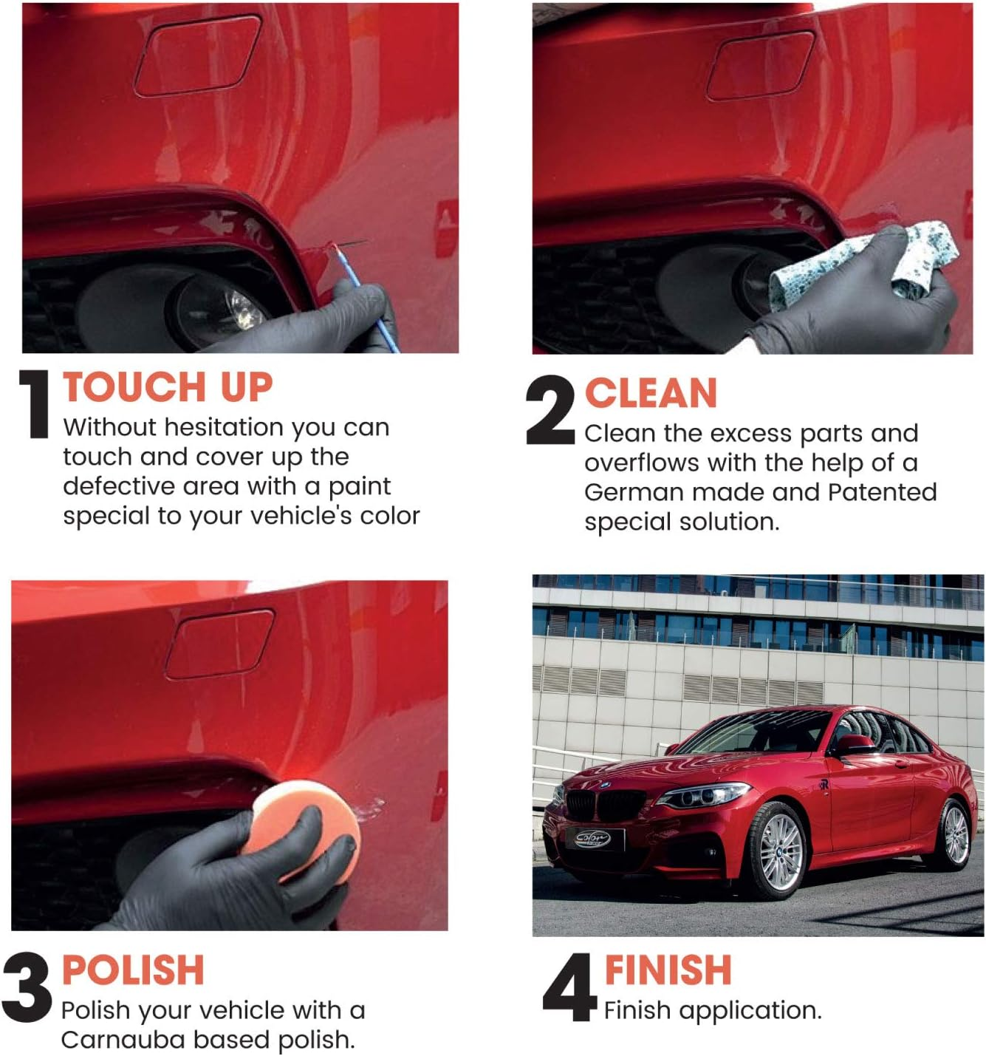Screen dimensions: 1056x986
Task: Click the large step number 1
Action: coord(34,405)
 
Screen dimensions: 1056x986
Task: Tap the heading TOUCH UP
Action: coord(168,387)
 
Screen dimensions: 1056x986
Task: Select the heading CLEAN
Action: coord(650,393)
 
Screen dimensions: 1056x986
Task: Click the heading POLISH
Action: coord(133,970)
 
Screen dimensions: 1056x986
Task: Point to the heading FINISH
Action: coord(668,970)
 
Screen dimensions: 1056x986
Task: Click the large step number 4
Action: coord(569,987)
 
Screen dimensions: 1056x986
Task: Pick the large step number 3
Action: coord(27,987)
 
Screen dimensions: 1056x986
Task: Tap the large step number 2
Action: coord(550,411)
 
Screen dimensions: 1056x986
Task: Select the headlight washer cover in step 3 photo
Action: coord(219,643)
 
